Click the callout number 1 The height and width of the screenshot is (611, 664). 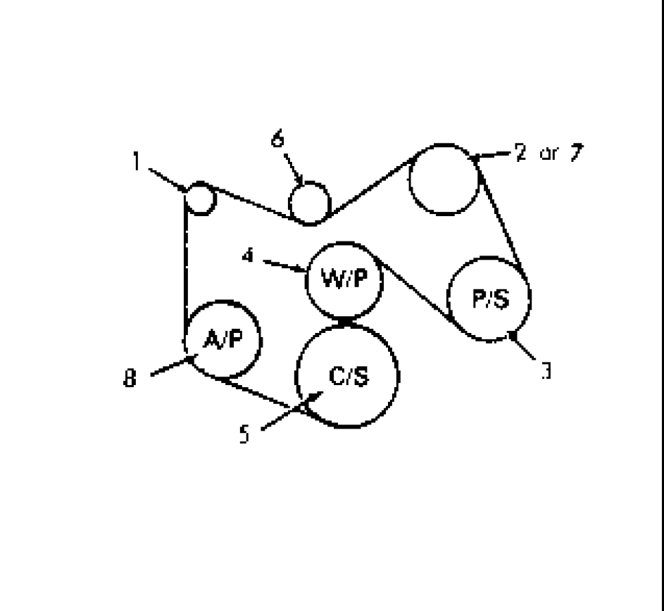coord(136,161)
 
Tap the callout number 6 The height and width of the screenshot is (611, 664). coord(277,138)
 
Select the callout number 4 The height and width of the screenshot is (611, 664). coord(248,256)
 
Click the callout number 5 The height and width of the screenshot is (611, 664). coord(244,434)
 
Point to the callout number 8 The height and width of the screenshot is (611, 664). coord(130,378)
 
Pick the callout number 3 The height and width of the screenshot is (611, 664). coord(546,370)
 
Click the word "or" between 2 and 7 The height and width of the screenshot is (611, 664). coord(549,153)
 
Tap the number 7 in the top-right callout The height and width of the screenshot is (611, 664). coord(577,153)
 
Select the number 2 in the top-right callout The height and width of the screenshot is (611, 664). coord(521,151)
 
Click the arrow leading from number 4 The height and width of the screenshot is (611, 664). coord(285,266)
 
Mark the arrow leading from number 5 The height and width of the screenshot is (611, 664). coord(292,410)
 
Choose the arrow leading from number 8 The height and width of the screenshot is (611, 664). coord(175,365)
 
